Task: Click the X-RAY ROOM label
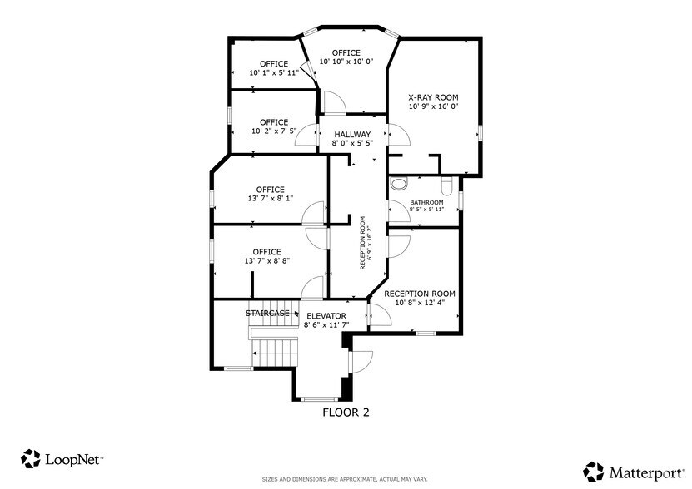click(433, 97)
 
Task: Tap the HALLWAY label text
click(352, 134)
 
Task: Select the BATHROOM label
click(426, 202)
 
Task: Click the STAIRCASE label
click(267, 314)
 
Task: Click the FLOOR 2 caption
click(346, 412)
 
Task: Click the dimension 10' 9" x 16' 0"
click(433, 106)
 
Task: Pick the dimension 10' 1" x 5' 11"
click(274, 73)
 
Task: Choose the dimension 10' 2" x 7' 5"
click(274, 131)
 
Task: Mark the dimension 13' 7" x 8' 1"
click(270, 199)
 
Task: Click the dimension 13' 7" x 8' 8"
click(267, 261)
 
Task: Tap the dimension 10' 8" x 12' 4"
click(420, 303)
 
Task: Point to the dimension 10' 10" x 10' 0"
click(346, 61)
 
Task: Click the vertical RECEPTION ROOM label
click(363, 243)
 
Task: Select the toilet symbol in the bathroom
click(399, 183)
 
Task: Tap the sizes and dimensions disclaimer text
click(345, 480)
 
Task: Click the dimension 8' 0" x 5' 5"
click(352, 143)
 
